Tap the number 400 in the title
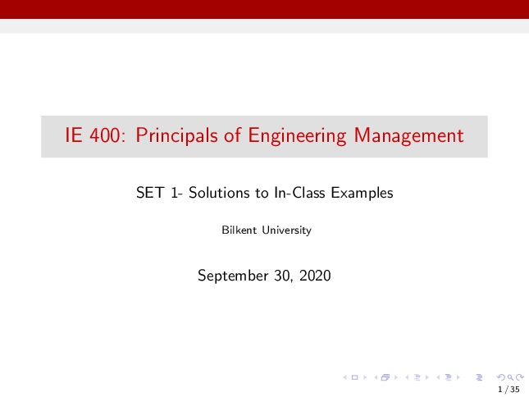tap(105, 135)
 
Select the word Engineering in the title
tap(297, 136)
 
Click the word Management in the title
tap(408, 136)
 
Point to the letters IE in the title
tap(74, 135)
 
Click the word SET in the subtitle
tap(150, 193)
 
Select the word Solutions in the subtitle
tap(220, 193)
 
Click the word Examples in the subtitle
tap(362, 194)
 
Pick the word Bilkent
tap(239, 230)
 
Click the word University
tap(287, 230)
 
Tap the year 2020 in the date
tap(315, 276)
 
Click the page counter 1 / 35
tap(508, 390)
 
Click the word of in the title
tap(233, 135)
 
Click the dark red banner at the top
tap(264, 9)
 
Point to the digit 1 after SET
tap(174, 193)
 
